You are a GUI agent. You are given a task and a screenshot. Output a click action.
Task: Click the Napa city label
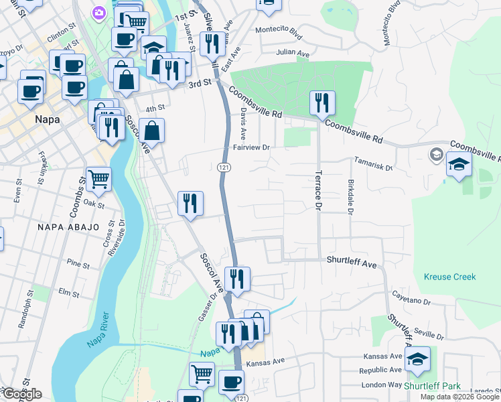[46, 119]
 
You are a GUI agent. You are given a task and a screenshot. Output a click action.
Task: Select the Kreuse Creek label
[449, 277]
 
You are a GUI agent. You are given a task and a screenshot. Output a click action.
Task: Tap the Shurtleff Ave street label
[352, 263]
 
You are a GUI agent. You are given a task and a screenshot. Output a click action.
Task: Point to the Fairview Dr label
[250, 147]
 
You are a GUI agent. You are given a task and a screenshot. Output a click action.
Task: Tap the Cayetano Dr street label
[411, 299]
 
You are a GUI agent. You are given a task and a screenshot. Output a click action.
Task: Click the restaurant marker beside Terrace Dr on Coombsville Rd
[322, 103]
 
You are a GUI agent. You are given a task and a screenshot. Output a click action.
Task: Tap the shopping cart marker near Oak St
[98, 178]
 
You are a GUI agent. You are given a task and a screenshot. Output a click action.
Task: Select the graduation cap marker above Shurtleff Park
[418, 358]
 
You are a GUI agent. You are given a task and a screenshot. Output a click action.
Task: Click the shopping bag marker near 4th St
[152, 131]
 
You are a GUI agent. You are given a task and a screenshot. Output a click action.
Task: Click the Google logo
[21, 395]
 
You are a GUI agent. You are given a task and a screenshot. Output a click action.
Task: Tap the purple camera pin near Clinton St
[99, 13]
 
